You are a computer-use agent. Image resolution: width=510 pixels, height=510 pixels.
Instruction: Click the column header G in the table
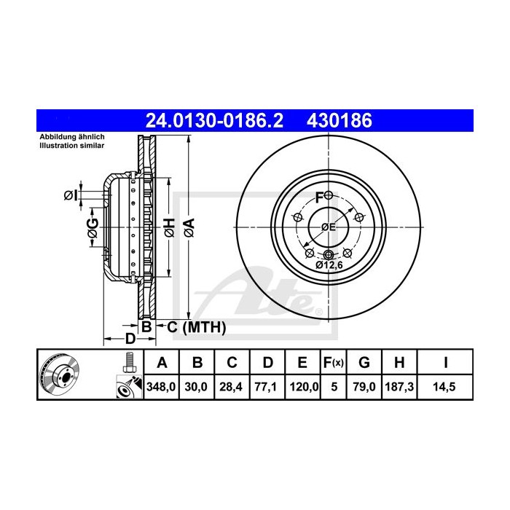(x=365, y=362)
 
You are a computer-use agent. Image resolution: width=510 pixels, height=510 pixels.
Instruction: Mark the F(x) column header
(x=334, y=362)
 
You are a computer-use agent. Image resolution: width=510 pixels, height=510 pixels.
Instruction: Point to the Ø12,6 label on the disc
(x=329, y=267)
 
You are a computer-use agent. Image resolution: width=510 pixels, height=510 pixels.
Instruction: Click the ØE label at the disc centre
(x=329, y=227)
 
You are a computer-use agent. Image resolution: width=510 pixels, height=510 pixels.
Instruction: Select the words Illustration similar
(x=72, y=146)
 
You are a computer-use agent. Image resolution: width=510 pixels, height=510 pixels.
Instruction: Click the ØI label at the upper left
(x=71, y=195)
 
